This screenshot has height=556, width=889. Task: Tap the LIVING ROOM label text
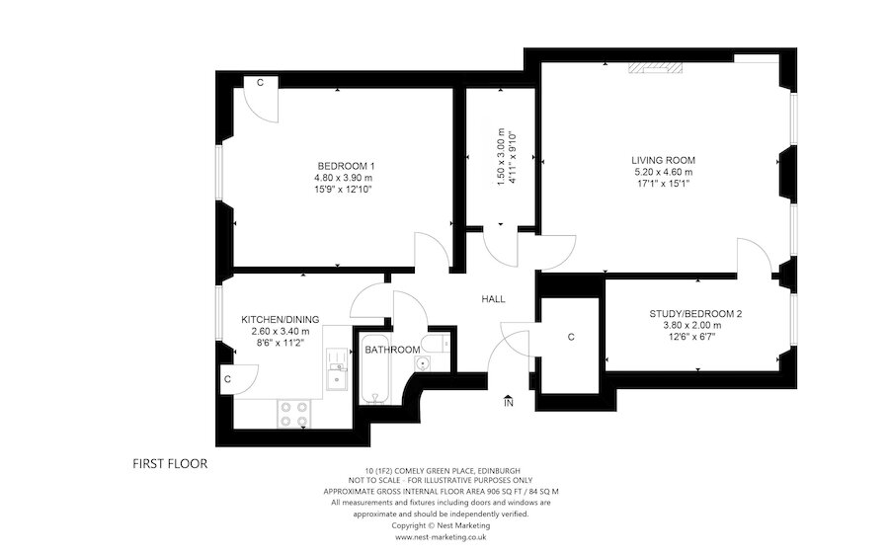[664, 160]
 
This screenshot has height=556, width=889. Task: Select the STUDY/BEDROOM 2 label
[695, 314]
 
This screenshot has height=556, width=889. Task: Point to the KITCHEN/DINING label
[281, 319]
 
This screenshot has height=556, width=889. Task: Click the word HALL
[493, 298]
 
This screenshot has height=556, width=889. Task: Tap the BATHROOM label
[387, 350]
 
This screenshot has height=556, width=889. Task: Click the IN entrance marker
[509, 402]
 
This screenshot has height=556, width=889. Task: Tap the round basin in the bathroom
[423, 364]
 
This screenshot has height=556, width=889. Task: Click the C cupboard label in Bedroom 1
[260, 83]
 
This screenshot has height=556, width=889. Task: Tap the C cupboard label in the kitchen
[226, 378]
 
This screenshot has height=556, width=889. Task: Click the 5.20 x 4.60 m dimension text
[664, 172]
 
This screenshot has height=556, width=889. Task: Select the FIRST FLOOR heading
[170, 462]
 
